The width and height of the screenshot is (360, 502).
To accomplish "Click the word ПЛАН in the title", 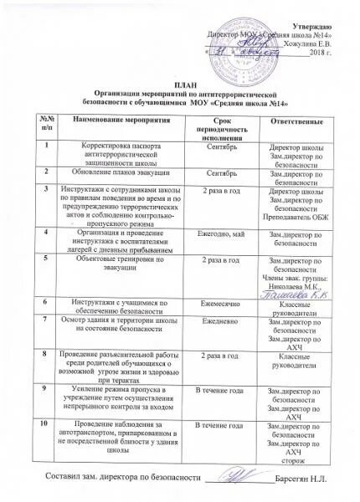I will click(x=180, y=86).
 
